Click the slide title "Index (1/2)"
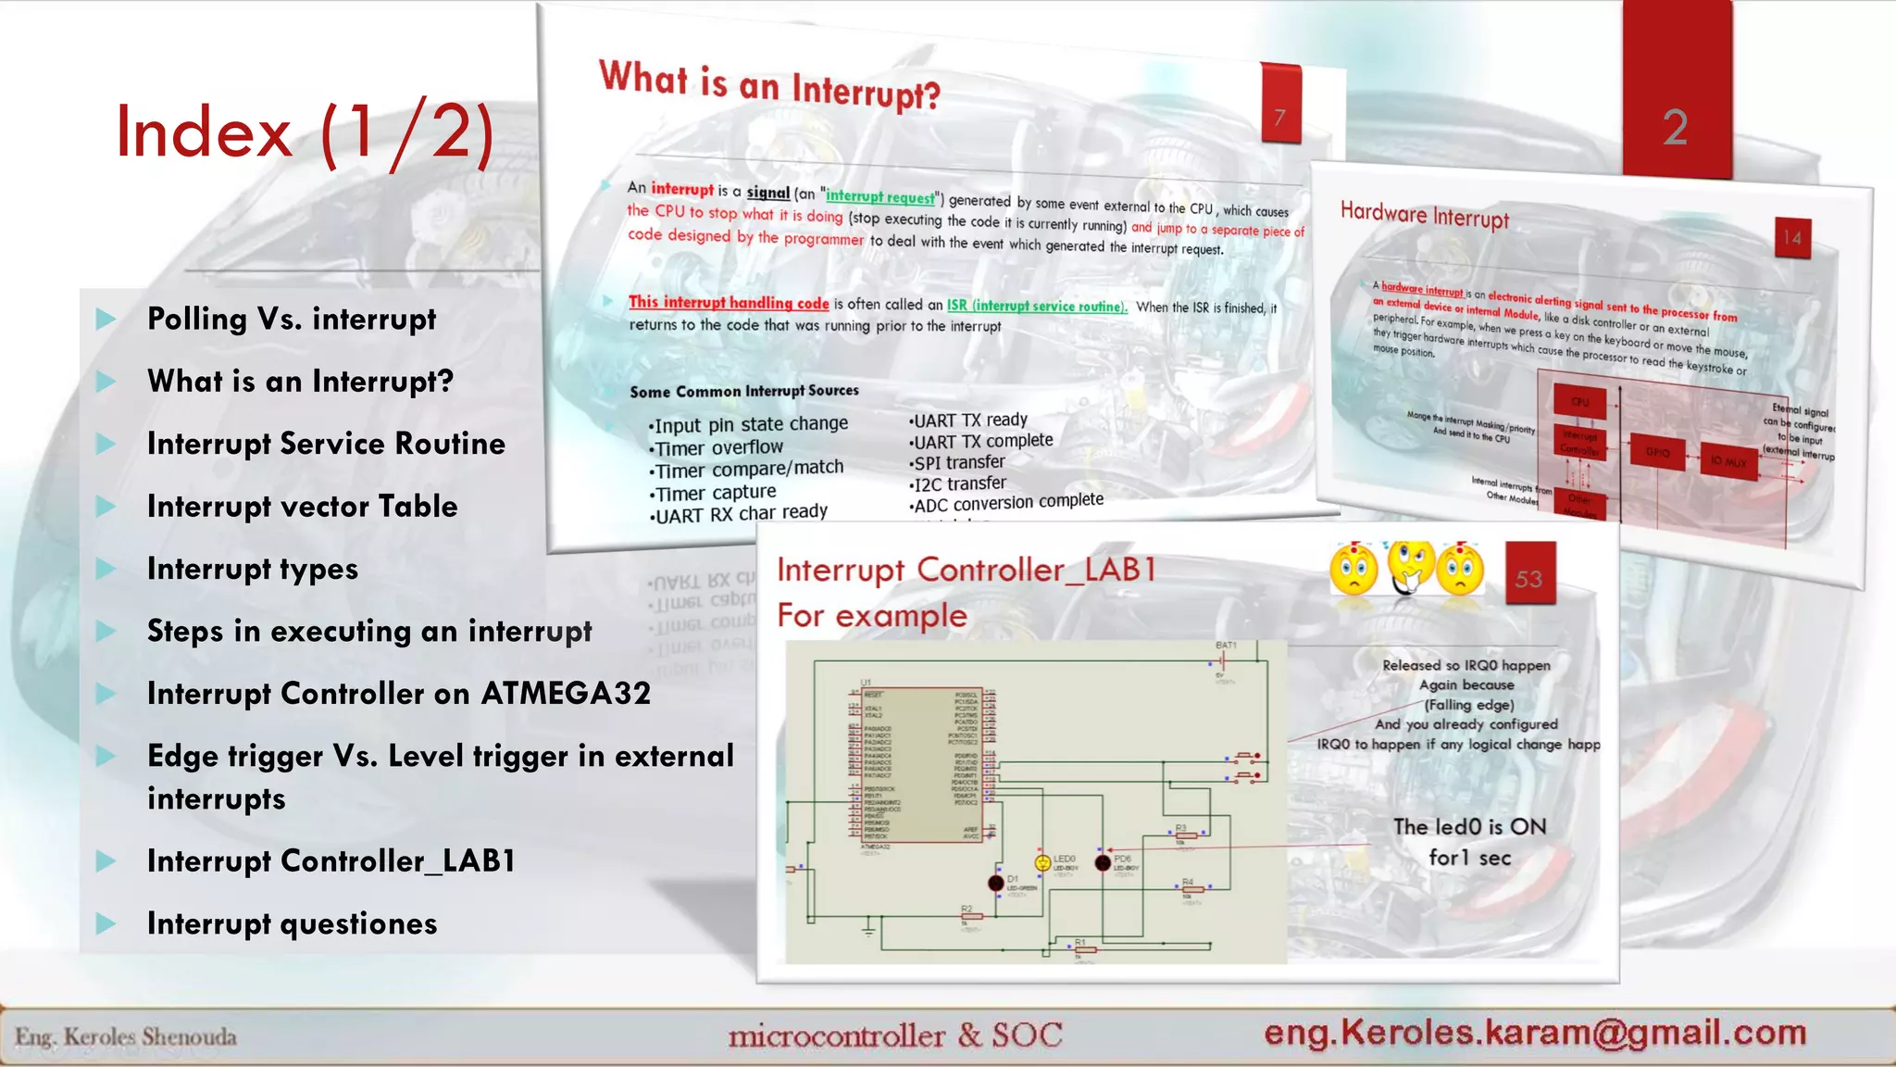tap(305, 132)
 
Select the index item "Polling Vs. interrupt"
tap(291, 319)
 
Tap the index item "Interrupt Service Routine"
tap(326, 444)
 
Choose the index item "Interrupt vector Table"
tap(302, 507)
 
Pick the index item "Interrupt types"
tap(252, 569)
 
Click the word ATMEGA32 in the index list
tap(566, 694)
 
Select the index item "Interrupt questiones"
tap(292, 923)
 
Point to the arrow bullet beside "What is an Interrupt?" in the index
tap(106, 382)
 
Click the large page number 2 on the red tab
tap(1675, 127)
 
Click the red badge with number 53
tap(1528, 578)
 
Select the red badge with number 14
tap(1792, 238)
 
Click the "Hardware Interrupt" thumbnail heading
tap(1424, 215)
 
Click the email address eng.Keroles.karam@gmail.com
tap(1535, 1032)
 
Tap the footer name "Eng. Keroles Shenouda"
tap(126, 1036)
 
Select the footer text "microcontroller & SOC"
tap(895, 1035)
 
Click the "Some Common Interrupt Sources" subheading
tap(744, 391)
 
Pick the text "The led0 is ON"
tap(1469, 826)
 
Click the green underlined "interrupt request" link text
tap(879, 196)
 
